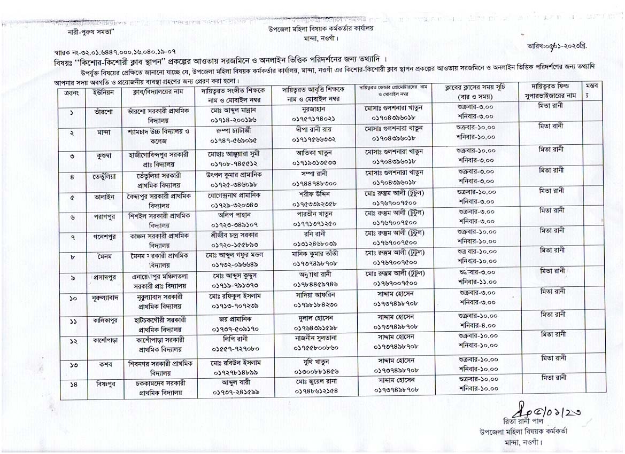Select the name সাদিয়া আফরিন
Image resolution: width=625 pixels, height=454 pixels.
pos(314,294)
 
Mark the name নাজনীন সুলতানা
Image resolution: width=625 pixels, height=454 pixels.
pos(314,338)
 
